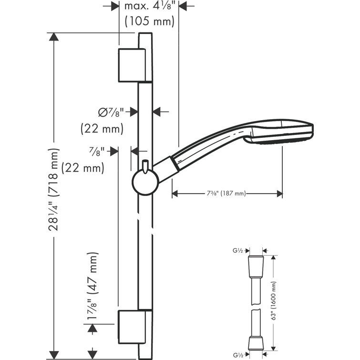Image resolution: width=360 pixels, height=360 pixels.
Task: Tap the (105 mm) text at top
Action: pyautogui.click(x=149, y=21)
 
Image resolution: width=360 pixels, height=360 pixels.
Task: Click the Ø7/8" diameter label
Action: pyautogui.click(x=111, y=112)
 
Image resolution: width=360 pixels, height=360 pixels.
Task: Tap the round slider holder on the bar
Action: pyautogui.click(x=144, y=182)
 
